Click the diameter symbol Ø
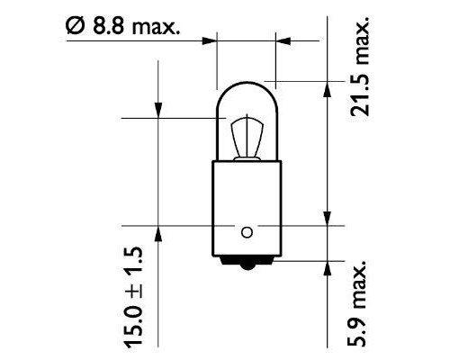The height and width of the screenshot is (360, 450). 75,26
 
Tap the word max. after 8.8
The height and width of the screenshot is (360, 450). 155,26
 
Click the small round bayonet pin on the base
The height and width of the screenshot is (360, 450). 244,230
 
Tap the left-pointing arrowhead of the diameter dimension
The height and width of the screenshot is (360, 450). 280,40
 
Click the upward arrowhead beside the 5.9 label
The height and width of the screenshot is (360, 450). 326,269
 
